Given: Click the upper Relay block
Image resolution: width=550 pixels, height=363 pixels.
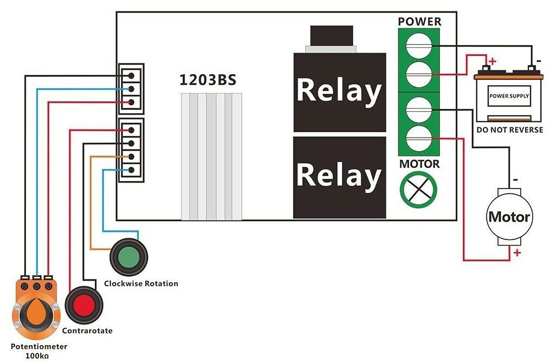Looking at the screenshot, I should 339,92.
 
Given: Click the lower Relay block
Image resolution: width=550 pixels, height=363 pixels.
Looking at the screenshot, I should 339,177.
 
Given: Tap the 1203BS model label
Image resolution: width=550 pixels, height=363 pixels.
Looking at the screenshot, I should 208,80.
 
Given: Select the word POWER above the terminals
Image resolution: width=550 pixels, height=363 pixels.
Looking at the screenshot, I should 419,22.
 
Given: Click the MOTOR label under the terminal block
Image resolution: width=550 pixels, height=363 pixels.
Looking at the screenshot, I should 419,164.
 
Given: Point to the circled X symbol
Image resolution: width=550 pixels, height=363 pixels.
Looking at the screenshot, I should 418,190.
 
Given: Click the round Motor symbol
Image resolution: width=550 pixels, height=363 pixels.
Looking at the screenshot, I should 509,217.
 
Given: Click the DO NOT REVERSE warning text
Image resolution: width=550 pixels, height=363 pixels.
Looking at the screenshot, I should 509,130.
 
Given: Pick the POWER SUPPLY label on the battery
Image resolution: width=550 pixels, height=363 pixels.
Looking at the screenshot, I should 509,96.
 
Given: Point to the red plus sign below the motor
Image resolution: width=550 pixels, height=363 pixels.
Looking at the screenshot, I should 517,252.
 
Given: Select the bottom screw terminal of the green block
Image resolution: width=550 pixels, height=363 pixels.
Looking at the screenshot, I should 419,138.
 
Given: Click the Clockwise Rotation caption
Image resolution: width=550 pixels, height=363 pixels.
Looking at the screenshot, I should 141,283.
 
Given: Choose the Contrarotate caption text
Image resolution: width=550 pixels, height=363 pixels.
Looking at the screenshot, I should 87,330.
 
